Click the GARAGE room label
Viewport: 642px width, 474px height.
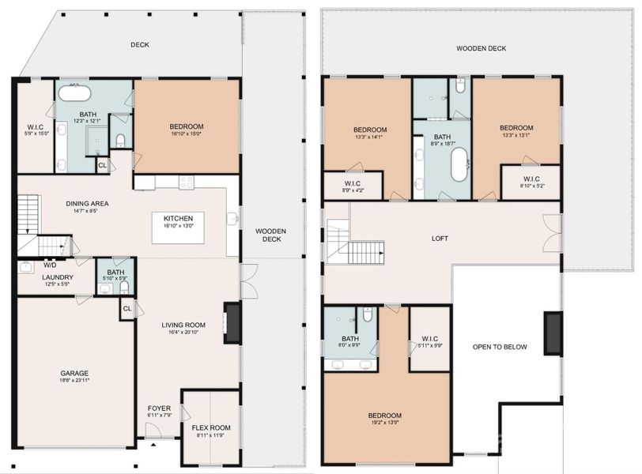tap(74, 373)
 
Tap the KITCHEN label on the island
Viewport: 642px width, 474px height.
tap(179, 219)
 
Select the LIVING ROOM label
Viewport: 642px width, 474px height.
tap(183, 325)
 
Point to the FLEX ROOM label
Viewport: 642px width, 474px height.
tap(210, 427)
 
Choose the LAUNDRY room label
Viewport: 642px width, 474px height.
tap(59, 277)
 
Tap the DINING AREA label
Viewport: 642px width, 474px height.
tap(87, 203)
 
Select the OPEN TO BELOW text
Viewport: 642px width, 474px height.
tap(500, 347)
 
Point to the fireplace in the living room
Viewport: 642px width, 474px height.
tap(231, 322)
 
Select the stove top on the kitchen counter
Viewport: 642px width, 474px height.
tap(187, 182)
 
